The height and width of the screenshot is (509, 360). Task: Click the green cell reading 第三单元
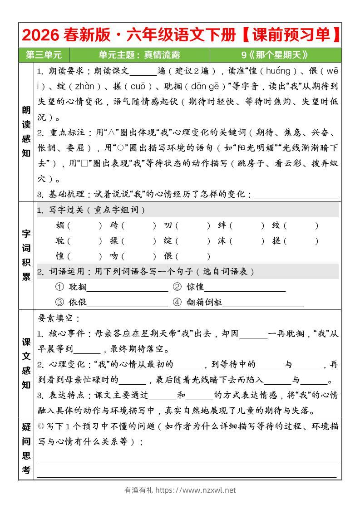coord(44,55)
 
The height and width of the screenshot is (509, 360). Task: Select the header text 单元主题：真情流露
coord(139,55)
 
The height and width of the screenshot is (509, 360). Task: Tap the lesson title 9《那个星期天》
coord(275,55)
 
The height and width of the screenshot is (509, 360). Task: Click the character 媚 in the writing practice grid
coord(60,225)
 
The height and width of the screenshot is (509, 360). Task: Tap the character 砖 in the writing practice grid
coord(114,225)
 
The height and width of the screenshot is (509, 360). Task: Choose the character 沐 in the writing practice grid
coord(222,241)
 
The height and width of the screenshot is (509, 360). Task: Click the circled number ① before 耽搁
coord(59,287)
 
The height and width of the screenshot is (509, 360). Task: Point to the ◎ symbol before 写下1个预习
coord(41,426)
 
